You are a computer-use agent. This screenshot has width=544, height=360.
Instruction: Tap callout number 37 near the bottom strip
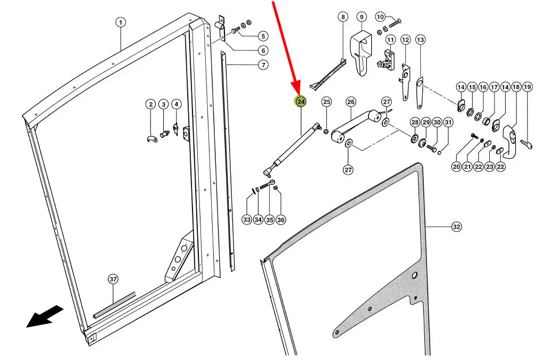pos(113,279)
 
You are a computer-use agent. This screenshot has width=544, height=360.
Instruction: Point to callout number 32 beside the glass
pos(456,227)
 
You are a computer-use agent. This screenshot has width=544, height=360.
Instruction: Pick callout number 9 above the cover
pos(361,17)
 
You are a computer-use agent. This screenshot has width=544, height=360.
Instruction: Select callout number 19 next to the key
pos(527,87)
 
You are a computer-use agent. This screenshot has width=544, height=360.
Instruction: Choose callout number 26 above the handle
pos(350,102)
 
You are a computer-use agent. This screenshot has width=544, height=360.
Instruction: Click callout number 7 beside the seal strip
pos(263,65)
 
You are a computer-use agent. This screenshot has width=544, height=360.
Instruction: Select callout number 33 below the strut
pos(247,219)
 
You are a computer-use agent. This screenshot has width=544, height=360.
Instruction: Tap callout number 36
pos(281,219)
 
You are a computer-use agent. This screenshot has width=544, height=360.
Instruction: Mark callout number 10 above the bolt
pos(380,17)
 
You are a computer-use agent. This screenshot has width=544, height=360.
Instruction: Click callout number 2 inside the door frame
pos(151,104)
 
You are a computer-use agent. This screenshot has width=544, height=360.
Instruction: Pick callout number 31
pos(448,123)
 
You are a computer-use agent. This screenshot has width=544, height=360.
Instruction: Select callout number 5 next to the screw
pos(263,37)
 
